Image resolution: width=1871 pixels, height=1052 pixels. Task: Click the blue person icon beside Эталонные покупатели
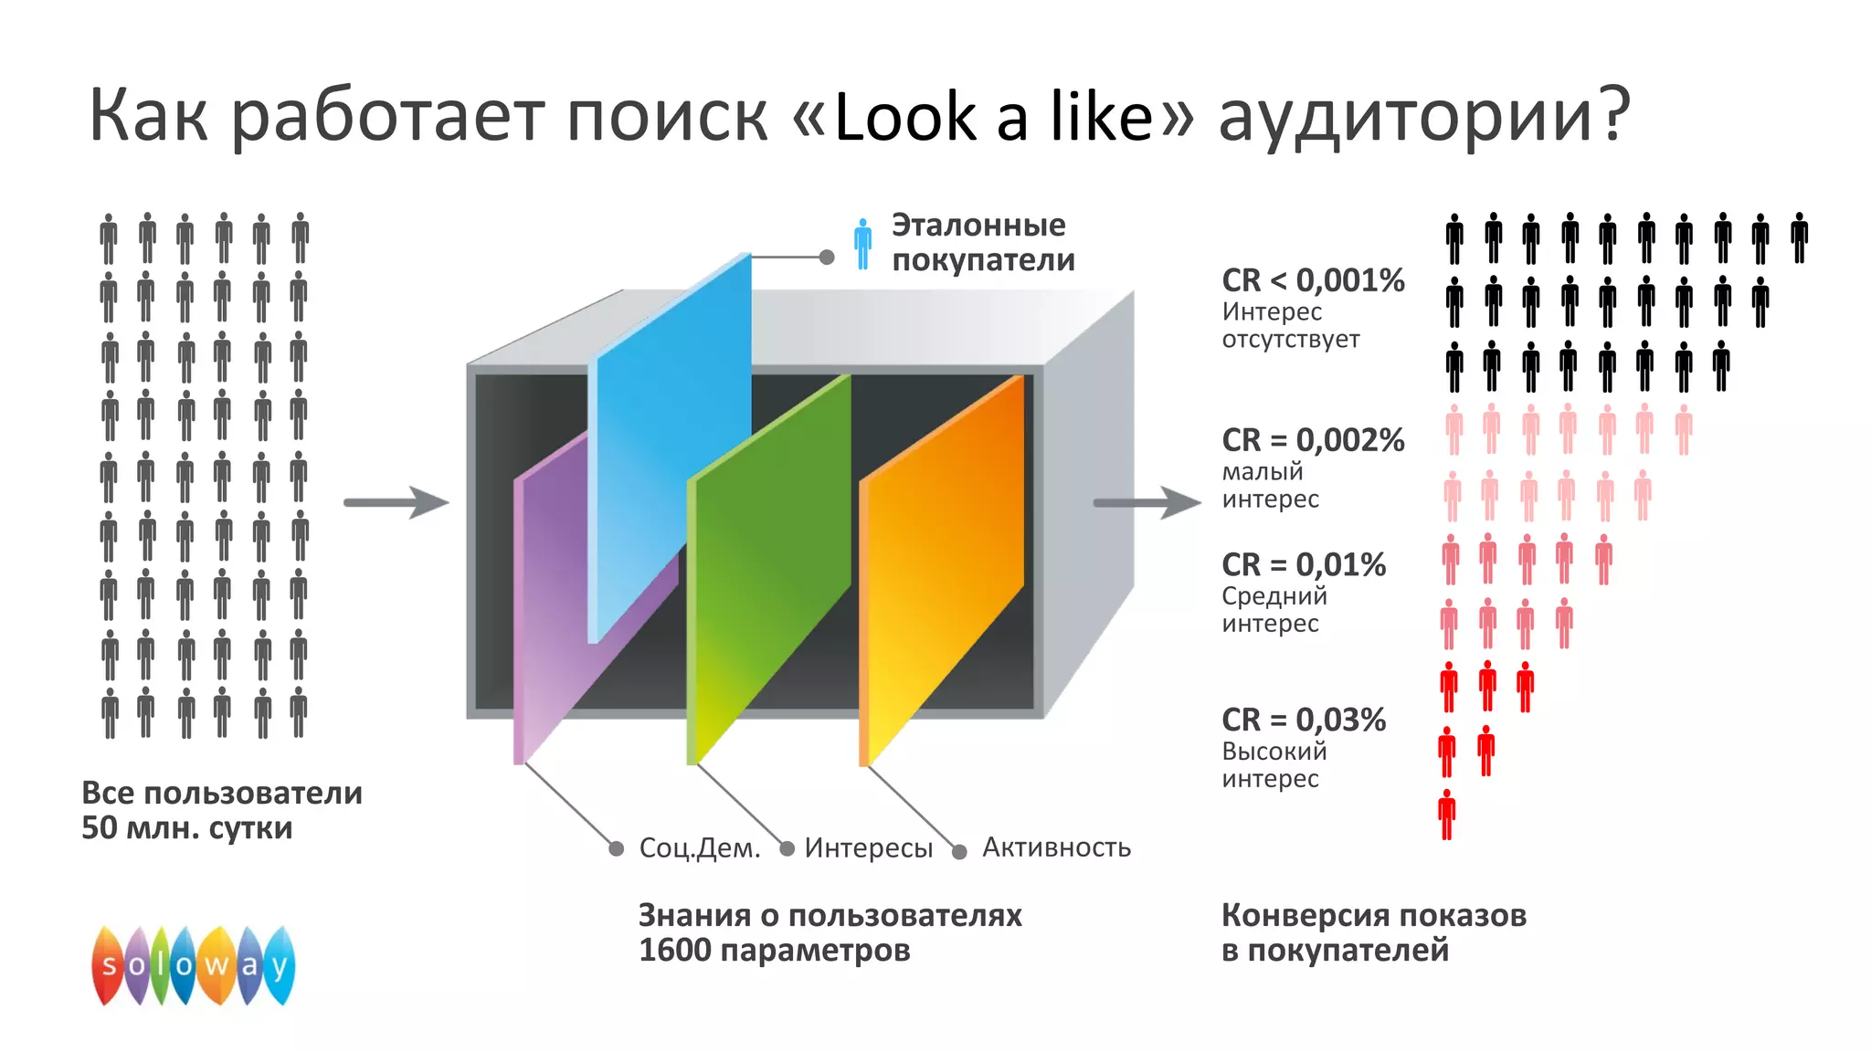862,243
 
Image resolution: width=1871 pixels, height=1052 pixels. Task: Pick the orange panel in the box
941,566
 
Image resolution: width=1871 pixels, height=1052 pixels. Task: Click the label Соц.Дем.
700,847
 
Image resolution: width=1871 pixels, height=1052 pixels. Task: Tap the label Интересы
868,847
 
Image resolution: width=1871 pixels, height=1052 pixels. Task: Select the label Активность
1056,847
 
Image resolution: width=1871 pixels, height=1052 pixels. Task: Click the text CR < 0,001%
1313,279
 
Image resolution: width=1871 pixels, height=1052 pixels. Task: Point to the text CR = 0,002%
1313,439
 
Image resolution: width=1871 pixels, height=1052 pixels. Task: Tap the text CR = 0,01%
1304,564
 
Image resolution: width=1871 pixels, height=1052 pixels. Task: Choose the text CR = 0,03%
1304,720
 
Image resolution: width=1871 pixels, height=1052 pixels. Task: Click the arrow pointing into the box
396,501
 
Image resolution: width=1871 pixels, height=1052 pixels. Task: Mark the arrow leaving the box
1147,501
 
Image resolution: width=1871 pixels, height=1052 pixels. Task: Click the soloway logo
193,965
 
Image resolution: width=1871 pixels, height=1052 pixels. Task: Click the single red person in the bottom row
1447,814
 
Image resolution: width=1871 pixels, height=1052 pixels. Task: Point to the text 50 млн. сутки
187,827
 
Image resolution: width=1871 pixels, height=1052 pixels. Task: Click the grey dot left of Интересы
787,848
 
